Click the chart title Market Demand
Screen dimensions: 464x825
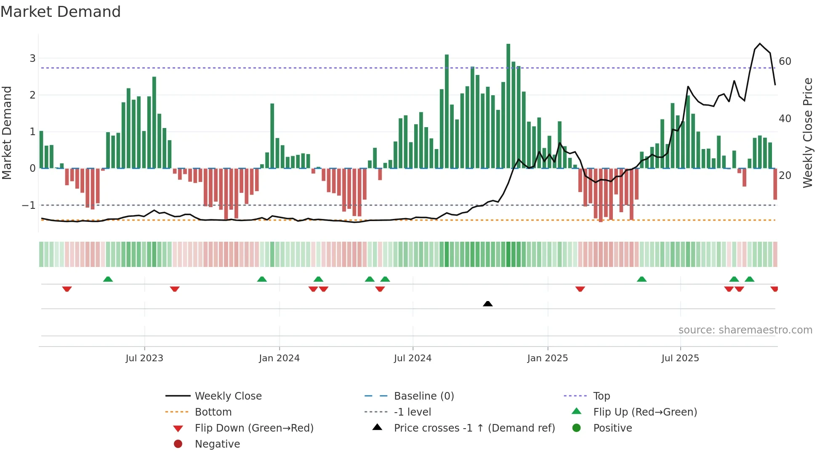[x=61, y=12]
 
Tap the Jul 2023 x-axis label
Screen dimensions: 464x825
[x=144, y=358]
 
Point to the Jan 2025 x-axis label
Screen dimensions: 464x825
[x=548, y=358]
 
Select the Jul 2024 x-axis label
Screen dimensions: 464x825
[x=413, y=358]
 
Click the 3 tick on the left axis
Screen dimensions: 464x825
[x=32, y=59]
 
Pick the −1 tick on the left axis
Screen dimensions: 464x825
[x=29, y=205]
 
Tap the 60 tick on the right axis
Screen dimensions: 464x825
[x=785, y=61]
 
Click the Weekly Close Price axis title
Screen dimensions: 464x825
[x=807, y=133]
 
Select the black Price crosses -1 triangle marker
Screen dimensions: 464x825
[x=488, y=304]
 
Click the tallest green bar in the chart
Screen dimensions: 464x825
[x=508, y=105]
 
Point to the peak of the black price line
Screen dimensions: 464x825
[x=760, y=44]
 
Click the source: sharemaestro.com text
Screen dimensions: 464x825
[x=745, y=330]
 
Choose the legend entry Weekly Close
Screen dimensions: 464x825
[x=228, y=396]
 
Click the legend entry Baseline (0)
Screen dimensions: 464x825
[x=424, y=396]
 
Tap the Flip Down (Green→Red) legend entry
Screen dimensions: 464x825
[x=254, y=428]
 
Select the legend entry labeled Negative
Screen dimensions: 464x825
[x=217, y=444]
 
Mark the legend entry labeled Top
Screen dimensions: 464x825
[x=601, y=396]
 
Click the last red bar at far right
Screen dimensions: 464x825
[x=775, y=184]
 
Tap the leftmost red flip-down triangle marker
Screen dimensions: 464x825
[x=67, y=289]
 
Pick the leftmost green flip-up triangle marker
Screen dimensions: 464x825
[x=108, y=279]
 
